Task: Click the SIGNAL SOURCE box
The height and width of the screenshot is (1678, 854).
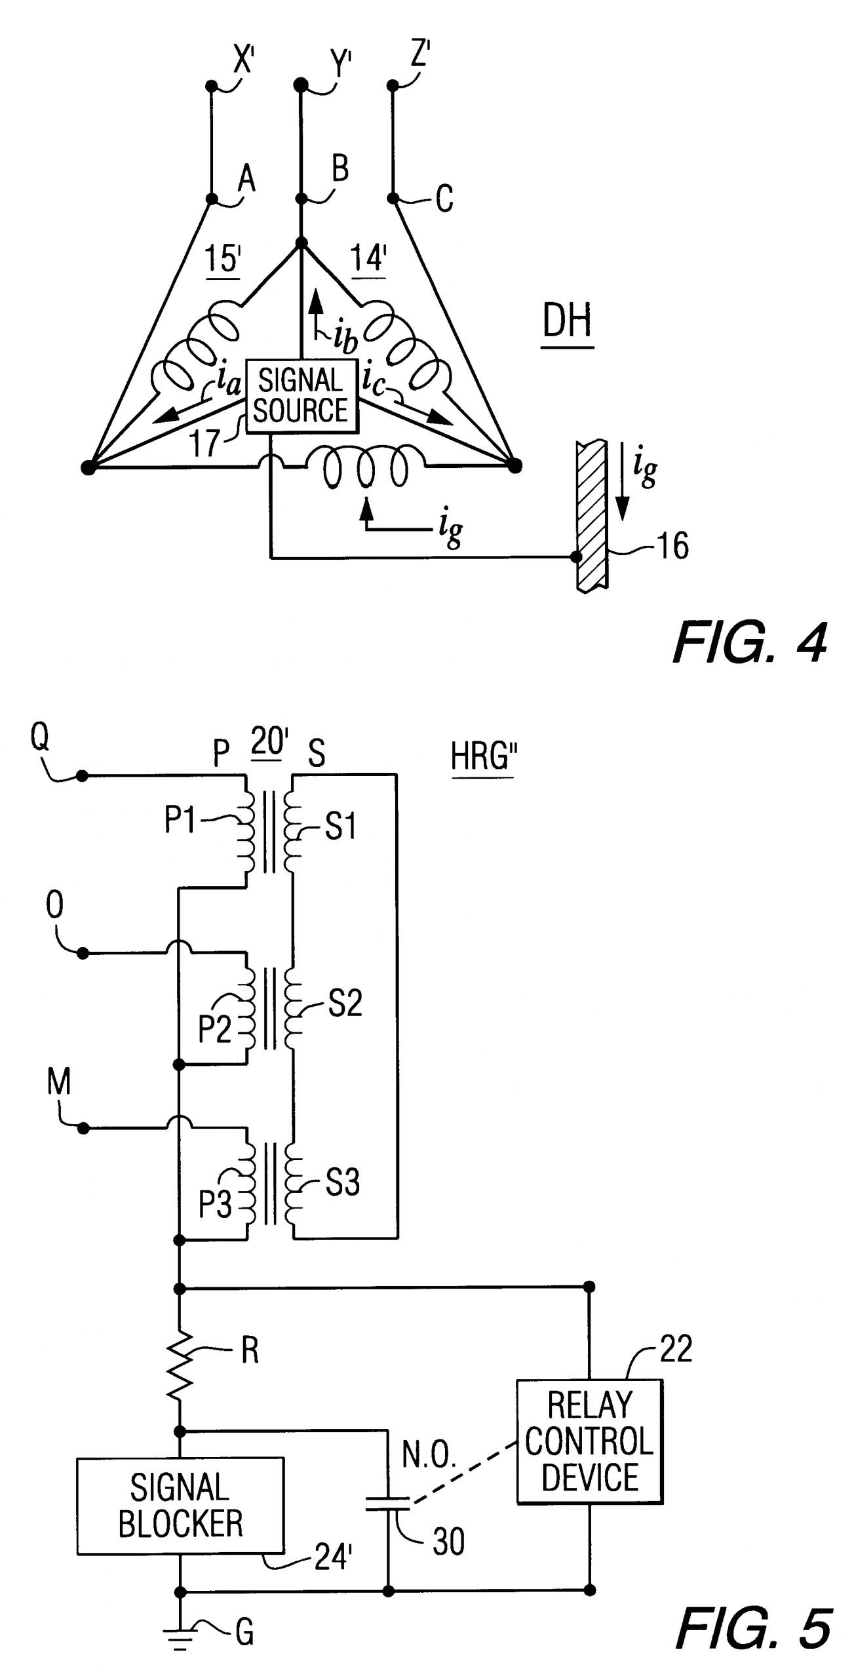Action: point(301,396)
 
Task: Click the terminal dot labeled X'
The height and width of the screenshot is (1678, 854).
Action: point(211,86)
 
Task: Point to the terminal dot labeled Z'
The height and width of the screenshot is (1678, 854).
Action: point(393,85)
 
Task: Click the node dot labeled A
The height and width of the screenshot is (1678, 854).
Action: point(212,199)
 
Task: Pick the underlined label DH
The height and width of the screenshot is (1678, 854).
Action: point(567,322)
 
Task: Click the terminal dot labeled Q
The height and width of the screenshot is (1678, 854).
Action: point(82,776)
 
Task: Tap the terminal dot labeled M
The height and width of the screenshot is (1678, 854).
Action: point(83,1129)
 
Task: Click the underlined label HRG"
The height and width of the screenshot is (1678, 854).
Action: point(480,758)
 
